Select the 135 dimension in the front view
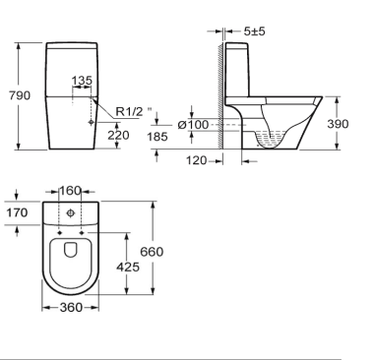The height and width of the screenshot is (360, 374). point(83,82)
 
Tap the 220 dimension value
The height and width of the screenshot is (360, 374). point(117,134)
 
